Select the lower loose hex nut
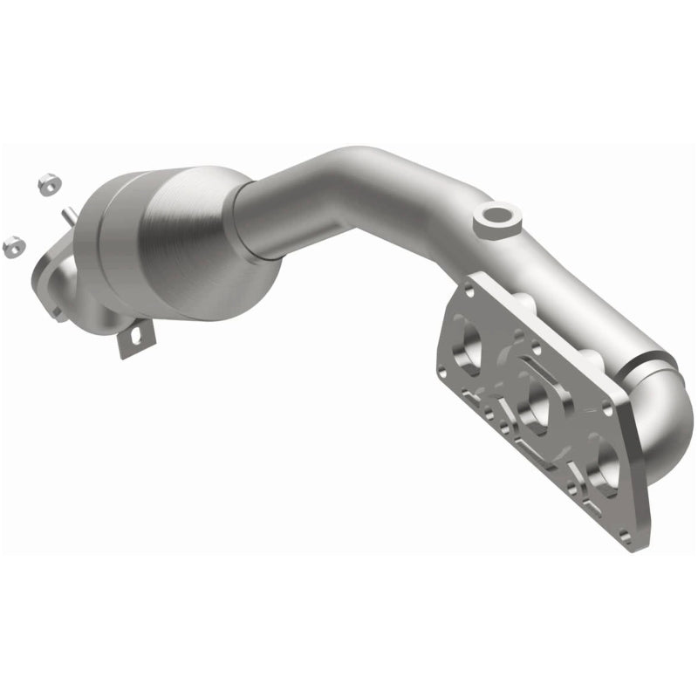click(14, 245)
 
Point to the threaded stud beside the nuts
click(67, 214)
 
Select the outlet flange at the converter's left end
click(52, 275)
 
